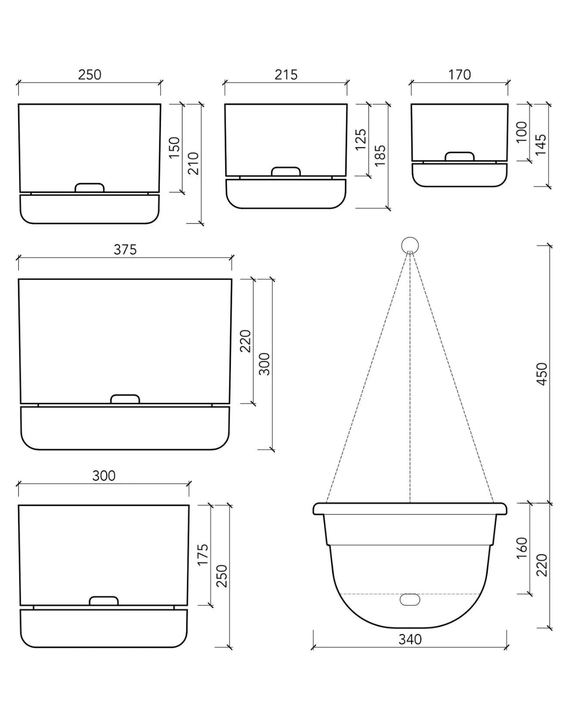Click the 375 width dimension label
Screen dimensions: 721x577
pos(125,249)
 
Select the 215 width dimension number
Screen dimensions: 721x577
pos(286,75)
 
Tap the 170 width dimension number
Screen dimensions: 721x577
pos(459,75)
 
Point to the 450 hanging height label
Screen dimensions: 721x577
pos(541,373)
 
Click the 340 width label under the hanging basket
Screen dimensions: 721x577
pos(410,639)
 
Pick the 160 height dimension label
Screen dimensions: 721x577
pos(522,548)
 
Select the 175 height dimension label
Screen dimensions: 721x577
pos(203,555)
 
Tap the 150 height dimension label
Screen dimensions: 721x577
pos(174,148)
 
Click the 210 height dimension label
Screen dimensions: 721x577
pos(193,163)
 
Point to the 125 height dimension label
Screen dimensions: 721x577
pos(361,140)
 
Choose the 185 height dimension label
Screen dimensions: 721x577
pos(380,156)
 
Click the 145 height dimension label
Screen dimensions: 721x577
pos(540,145)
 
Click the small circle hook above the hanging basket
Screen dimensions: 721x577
pos(410,245)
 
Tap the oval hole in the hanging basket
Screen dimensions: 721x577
pos(410,600)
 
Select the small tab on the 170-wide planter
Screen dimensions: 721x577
pos(459,157)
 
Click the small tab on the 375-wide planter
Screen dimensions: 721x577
pos(125,399)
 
